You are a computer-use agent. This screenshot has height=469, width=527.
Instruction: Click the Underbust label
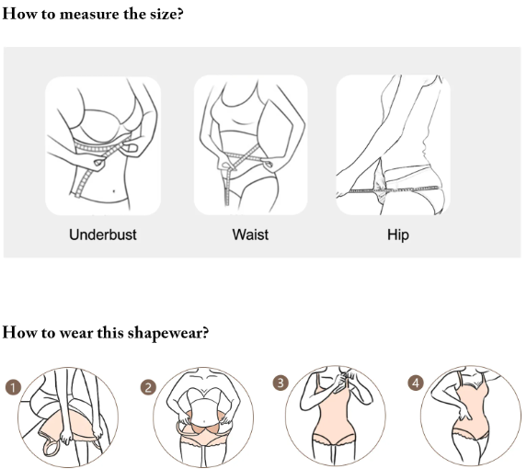tap(103, 234)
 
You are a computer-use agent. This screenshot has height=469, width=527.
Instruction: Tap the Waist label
tap(250, 234)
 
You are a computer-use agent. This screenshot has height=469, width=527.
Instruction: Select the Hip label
tap(398, 234)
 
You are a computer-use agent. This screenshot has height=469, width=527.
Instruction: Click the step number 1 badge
tap(14, 387)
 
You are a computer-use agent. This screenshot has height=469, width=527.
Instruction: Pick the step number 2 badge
tap(148, 387)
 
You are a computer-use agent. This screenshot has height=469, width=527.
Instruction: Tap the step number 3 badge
tap(281, 383)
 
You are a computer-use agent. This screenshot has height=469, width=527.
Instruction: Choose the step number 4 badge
tap(416, 383)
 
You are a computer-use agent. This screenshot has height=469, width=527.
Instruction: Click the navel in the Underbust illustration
tap(114, 191)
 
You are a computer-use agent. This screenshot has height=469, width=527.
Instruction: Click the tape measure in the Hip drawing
tap(394, 190)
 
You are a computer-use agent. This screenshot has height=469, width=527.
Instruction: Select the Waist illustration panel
tap(251, 144)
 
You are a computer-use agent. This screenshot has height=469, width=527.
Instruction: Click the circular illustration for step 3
tap(336, 417)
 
